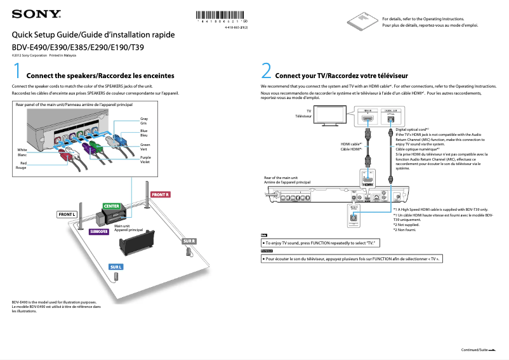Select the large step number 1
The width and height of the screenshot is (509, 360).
point(18,70)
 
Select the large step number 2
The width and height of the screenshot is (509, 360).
point(267,70)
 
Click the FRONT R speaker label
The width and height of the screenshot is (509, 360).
point(161,194)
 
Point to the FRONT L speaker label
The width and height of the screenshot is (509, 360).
point(67,215)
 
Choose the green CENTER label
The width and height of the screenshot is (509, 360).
point(112,206)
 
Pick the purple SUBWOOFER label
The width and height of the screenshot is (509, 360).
point(99,232)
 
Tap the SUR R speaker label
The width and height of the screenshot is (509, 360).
point(188,241)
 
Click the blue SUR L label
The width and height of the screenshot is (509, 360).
point(116,267)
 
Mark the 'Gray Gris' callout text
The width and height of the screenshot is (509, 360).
point(144,121)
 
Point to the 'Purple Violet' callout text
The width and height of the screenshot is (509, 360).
point(145,159)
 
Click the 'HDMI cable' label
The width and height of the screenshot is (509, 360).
point(351,147)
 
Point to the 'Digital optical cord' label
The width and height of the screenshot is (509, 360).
point(413,129)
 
